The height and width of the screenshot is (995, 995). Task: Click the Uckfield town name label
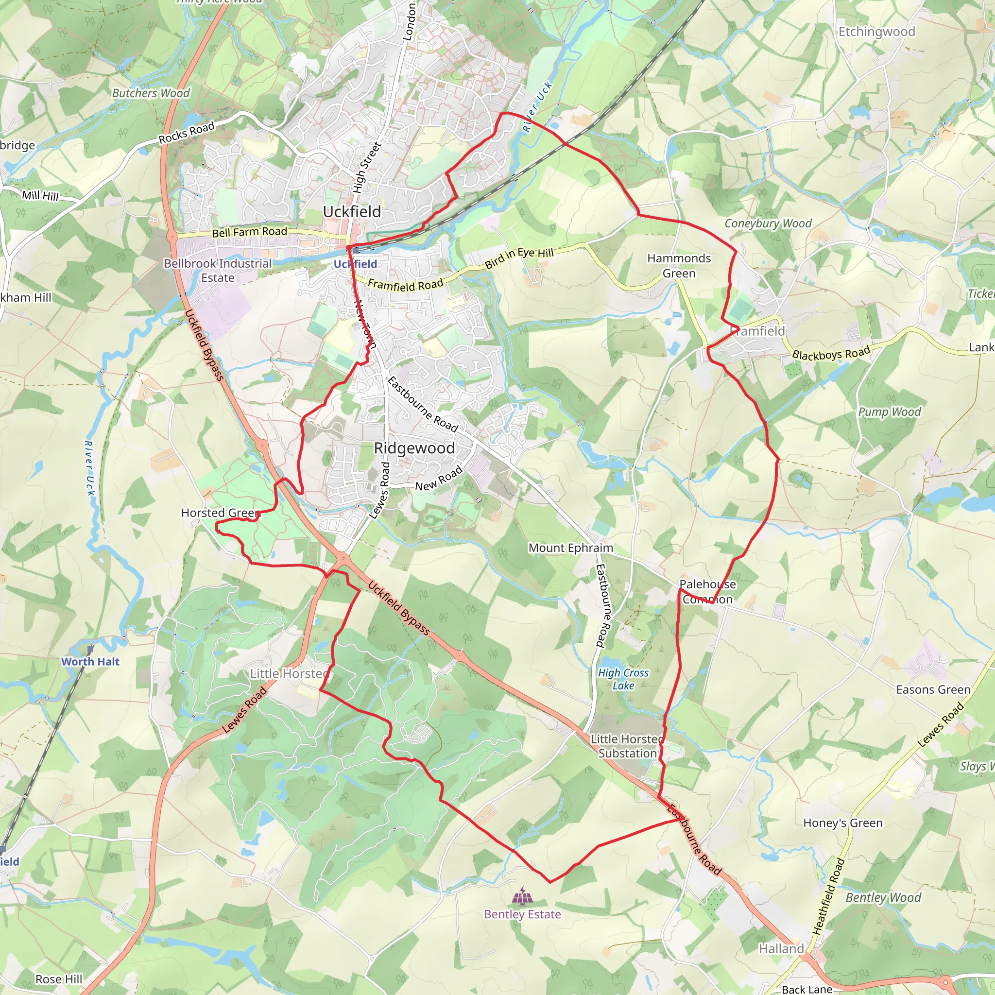352,212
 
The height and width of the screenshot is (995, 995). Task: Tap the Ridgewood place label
414,448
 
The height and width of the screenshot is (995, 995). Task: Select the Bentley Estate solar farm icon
522,897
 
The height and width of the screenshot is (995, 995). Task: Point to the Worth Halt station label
90,662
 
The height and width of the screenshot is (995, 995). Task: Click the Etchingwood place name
876,32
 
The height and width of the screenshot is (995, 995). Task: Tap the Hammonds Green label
679,266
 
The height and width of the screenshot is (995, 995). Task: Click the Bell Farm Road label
250,232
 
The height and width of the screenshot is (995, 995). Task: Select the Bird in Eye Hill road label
519,258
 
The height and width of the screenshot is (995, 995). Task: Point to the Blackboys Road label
831,353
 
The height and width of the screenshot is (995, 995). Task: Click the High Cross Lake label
623,679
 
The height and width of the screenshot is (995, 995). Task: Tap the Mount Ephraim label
571,548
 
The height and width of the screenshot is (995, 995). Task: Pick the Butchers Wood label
151,93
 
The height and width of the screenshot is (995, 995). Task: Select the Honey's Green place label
842,823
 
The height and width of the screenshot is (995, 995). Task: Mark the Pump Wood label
890,412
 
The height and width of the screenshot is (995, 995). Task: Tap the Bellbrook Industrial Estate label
217,271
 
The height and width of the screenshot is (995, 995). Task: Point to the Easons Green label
933,689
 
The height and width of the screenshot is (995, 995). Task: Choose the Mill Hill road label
40,196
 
